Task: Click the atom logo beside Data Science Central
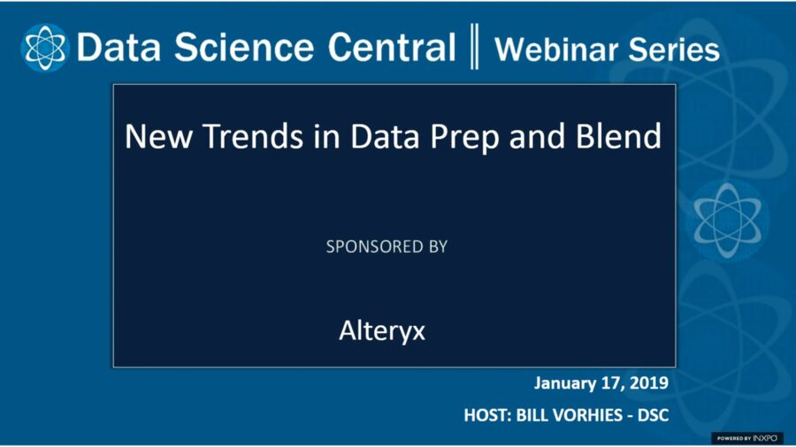click(x=44, y=48)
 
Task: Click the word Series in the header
click(x=674, y=49)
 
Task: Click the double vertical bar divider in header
click(x=476, y=48)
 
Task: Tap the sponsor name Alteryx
click(x=382, y=330)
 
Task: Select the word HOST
click(x=484, y=415)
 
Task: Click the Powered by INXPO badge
click(x=747, y=437)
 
